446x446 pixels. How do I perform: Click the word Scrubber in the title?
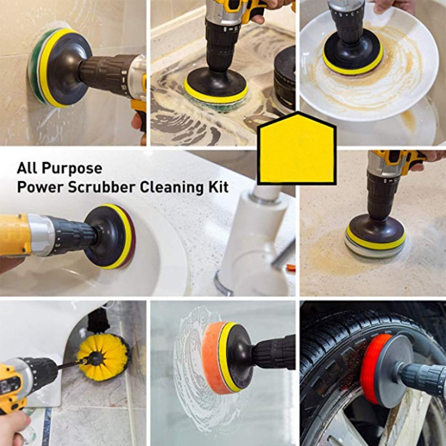(x=101, y=187)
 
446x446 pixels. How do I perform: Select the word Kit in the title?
(x=218, y=187)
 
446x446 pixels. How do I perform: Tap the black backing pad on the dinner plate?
(x=352, y=51)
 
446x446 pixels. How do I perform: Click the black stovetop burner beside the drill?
(x=285, y=78)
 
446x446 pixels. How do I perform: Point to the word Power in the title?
(x=40, y=187)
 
